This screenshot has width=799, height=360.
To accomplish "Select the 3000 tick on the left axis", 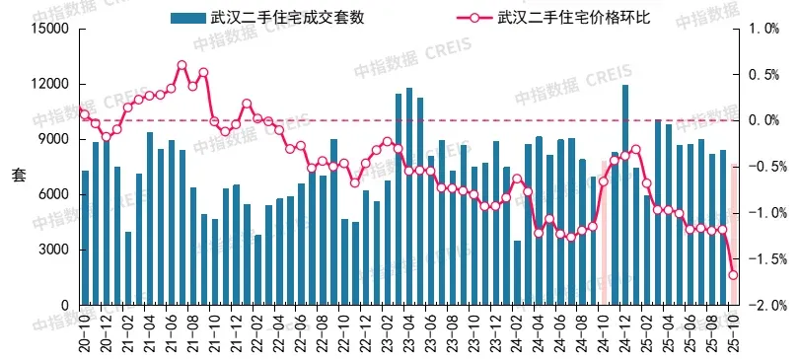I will [x=50, y=251].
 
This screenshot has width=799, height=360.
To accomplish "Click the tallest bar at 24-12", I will [x=625, y=197].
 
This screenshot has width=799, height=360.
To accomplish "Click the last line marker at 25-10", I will [x=733, y=275].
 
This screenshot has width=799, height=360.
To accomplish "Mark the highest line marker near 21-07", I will [x=182, y=66].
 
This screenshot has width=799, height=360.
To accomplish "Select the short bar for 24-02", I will [x=518, y=272].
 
